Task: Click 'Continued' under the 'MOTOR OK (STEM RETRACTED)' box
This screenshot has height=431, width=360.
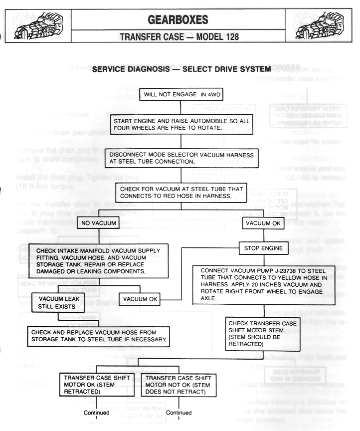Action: point(96,413)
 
